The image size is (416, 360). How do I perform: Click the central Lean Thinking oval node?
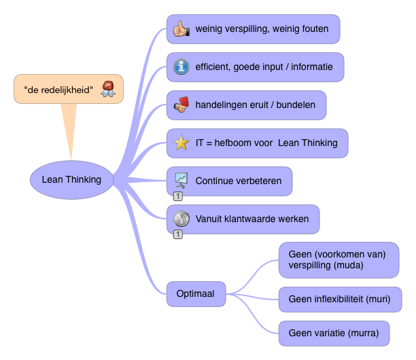(71, 180)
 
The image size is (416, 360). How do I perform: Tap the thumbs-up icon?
(181, 29)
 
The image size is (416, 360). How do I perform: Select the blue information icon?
(181, 67)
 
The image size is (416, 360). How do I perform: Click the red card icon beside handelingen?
(181, 105)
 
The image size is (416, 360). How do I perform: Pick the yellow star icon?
(181, 143)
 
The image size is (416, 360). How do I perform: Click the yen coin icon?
(181, 219)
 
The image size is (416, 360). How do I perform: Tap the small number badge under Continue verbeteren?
(177, 196)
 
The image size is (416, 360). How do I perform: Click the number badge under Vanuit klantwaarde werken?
(177, 234)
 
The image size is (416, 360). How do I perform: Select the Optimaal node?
(196, 294)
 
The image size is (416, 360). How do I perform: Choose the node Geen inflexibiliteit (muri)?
(340, 300)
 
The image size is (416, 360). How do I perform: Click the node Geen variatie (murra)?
(334, 334)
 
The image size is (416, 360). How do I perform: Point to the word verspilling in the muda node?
(309, 265)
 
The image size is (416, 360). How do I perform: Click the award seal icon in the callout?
(107, 88)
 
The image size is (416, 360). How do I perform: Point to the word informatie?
(311, 67)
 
